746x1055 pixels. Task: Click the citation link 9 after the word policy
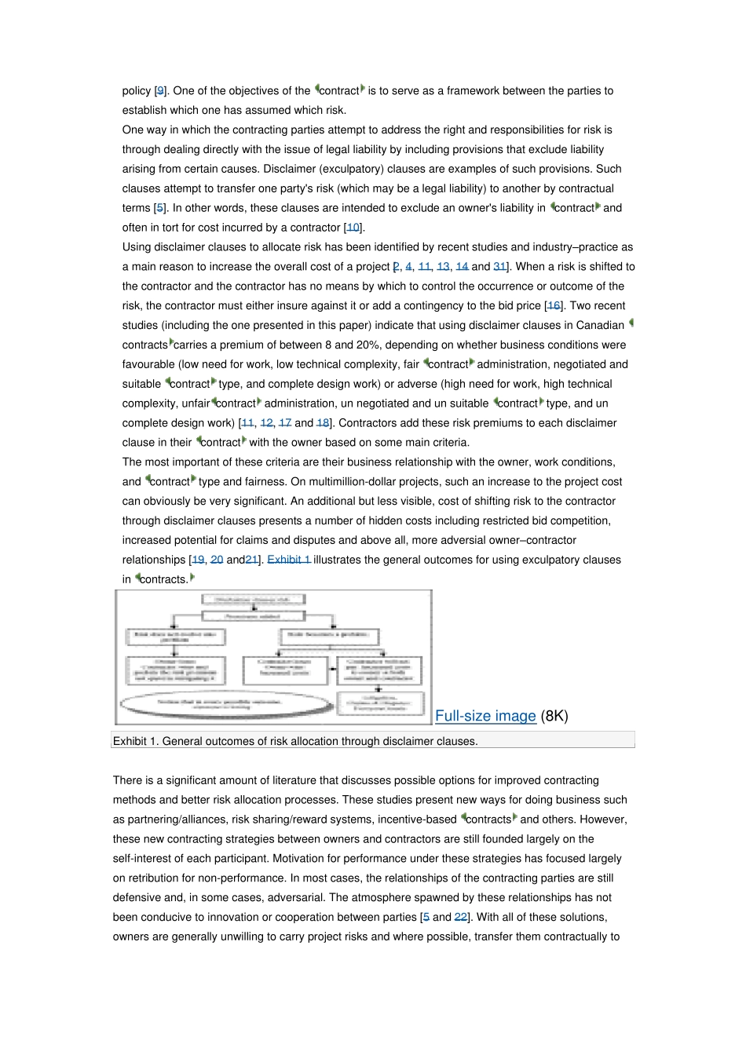click(x=160, y=91)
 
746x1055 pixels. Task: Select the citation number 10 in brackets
click(x=353, y=228)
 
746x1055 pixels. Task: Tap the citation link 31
click(x=499, y=267)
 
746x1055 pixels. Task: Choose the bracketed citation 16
click(x=554, y=306)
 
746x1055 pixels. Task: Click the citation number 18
click(x=323, y=423)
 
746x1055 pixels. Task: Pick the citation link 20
click(x=217, y=560)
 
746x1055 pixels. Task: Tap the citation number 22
click(x=461, y=917)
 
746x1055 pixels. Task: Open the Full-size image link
click(x=485, y=716)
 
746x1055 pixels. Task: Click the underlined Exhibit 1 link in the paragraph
click(x=289, y=560)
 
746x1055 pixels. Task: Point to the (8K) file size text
click(x=554, y=716)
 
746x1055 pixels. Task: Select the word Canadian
click(x=600, y=326)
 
